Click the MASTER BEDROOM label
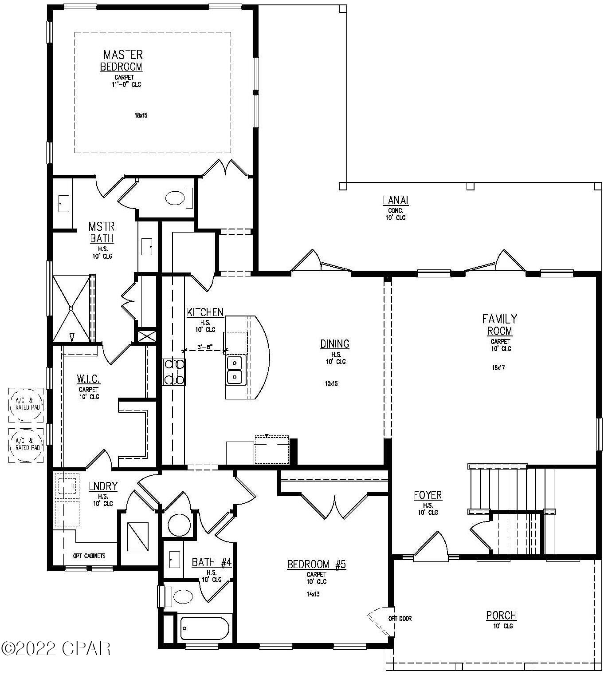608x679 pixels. [x=122, y=61]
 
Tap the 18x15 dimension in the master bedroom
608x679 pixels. [x=141, y=115]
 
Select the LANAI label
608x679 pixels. [x=395, y=201]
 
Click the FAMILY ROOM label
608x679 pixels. [x=499, y=325]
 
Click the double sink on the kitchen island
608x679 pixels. [x=235, y=370]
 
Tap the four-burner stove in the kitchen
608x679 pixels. [x=173, y=372]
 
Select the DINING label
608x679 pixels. [x=335, y=344]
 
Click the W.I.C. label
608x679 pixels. [x=88, y=379]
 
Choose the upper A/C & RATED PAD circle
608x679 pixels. [x=27, y=403]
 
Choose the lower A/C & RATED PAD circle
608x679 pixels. [x=27, y=444]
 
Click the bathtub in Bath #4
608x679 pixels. [x=204, y=628]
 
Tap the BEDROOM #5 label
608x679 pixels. [x=316, y=565]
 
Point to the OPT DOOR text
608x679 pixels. [x=400, y=619]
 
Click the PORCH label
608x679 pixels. [x=501, y=616]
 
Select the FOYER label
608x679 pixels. [x=428, y=495]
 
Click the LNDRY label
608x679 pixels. [x=103, y=486]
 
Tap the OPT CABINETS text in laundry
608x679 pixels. [x=89, y=556]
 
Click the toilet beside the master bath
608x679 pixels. [x=175, y=198]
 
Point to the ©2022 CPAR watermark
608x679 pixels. [x=56, y=649]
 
